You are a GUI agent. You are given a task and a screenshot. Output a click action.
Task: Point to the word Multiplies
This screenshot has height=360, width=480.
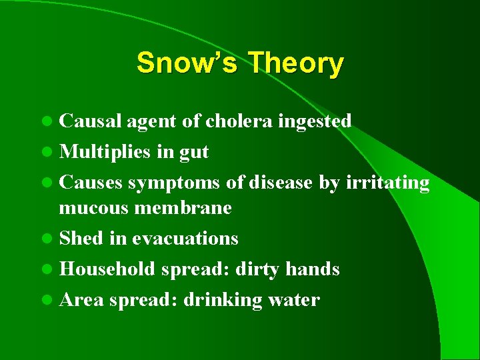coord(103,152)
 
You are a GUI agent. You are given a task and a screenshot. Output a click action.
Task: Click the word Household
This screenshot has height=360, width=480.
coord(107,269)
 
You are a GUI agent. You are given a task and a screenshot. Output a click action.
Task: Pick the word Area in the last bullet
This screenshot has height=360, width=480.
coord(81,299)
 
